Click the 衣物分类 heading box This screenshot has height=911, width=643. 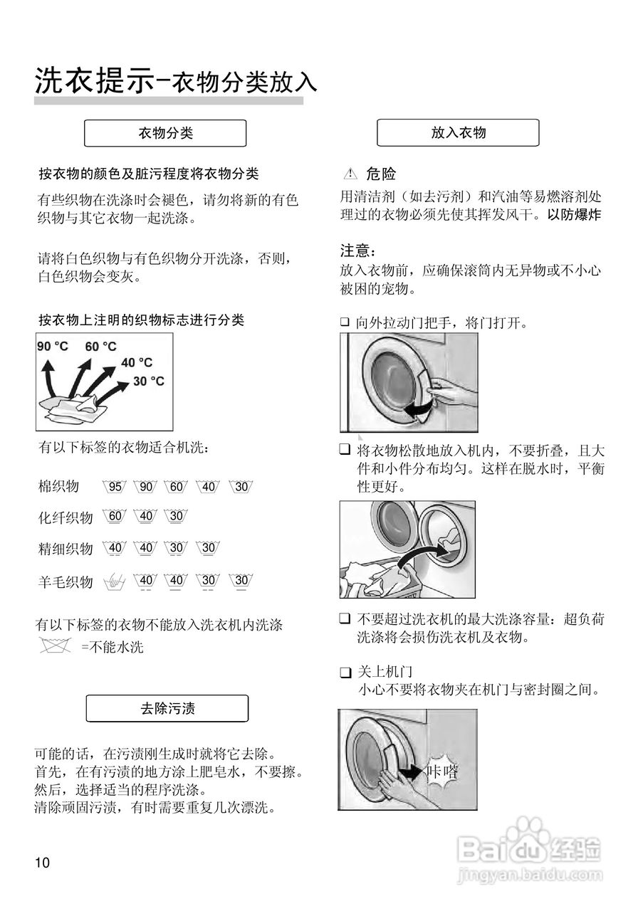click(165, 133)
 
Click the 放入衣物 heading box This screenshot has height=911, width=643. click(458, 133)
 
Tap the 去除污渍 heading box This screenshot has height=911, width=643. click(167, 708)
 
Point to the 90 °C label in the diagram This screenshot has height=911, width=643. click(53, 347)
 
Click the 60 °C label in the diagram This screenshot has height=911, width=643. click(100, 347)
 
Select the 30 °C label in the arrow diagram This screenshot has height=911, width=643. click(149, 381)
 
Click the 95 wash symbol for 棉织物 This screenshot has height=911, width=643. click(115, 488)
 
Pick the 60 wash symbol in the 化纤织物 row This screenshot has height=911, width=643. click(115, 516)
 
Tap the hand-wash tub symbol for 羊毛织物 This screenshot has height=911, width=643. click(115, 581)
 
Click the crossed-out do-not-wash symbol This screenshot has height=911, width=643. click(57, 647)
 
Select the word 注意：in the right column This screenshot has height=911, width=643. click(357, 251)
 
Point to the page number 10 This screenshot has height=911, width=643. click(42, 863)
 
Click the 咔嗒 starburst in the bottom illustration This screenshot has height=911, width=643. click(441, 772)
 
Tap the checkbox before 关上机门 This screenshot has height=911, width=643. click(345, 673)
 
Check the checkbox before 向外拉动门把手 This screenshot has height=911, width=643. click(345, 322)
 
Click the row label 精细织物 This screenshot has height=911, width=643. click(65, 549)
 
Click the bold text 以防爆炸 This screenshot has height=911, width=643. click(574, 214)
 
